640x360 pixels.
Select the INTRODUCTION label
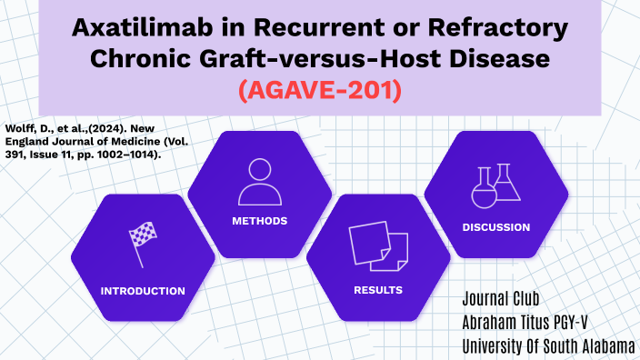click(x=143, y=291)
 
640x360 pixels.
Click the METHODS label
click(x=260, y=221)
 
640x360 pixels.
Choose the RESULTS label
click(x=378, y=291)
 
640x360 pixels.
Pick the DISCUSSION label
click(x=495, y=227)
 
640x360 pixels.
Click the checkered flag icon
click(x=142, y=244)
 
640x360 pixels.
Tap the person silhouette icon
click(x=260, y=182)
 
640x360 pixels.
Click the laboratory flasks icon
click(x=495, y=185)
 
